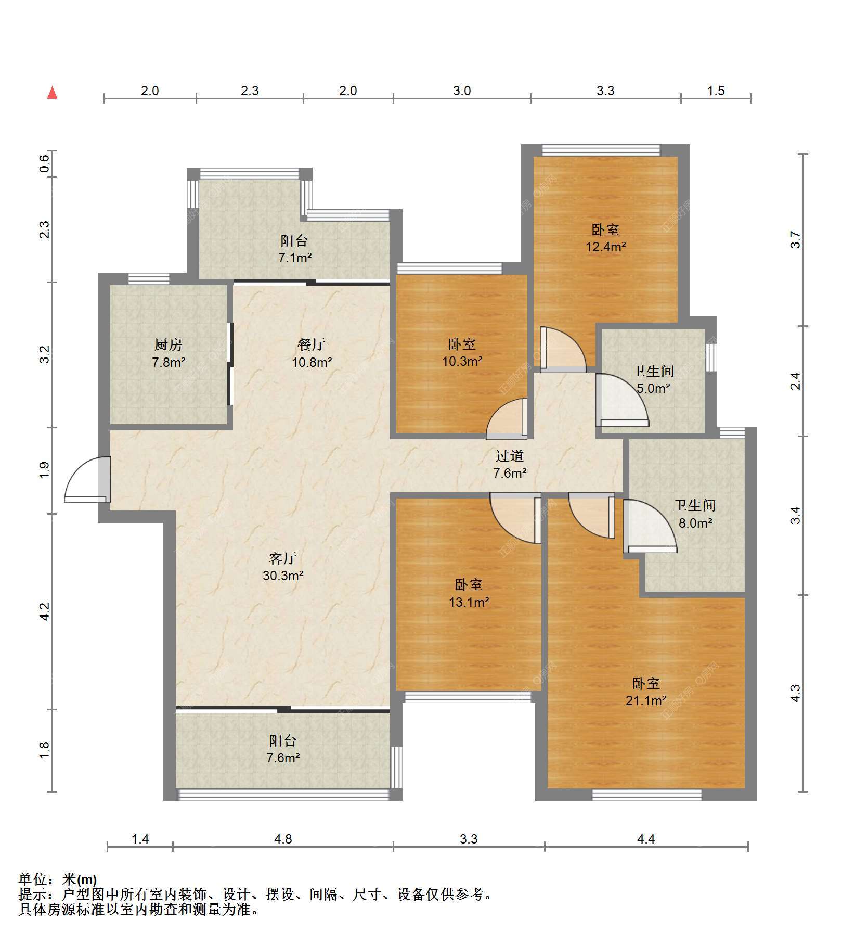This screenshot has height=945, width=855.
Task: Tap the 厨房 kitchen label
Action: tap(169, 344)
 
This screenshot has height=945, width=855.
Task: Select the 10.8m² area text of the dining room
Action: tap(312, 362)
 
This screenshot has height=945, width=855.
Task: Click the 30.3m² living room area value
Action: tap(283, 576)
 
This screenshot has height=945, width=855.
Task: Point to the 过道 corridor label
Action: tap(509, 456)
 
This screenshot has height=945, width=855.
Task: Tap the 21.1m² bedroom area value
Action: tap(646, 701)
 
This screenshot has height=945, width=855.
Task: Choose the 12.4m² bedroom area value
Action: tap(606, 247)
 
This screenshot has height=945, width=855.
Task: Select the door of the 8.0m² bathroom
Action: tap(650, 526)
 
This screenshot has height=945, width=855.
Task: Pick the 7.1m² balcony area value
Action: tap(295, 258)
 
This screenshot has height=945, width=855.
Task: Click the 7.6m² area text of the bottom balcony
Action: tap(283, 758)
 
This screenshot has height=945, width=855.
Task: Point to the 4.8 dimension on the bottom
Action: tap(283, 839)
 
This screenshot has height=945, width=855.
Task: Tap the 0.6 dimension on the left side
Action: tap(45, 164)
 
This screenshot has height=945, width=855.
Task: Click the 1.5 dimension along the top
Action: tap(716, 91)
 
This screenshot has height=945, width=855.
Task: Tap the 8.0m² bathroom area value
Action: tap(695, 523)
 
